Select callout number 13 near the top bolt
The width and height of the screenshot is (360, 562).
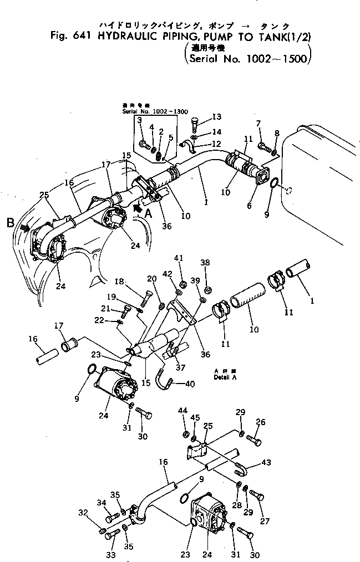(216, 117)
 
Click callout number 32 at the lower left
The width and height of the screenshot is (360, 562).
(83, 512)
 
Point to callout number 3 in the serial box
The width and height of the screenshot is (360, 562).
(140, 120)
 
